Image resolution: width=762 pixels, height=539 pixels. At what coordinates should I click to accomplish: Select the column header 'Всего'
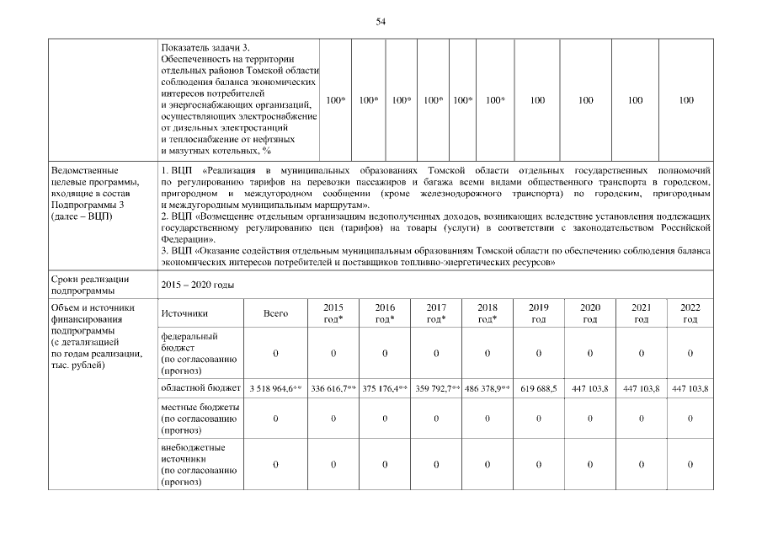pos(275,313)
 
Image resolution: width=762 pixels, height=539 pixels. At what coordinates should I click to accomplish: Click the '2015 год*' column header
pos(333,313)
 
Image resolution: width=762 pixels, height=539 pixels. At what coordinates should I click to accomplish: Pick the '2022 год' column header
pos(690,313)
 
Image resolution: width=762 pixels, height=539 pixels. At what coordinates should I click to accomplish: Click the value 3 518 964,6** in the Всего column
pos(275,388)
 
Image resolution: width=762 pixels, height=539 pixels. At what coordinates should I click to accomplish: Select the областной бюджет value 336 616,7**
pos(333,388)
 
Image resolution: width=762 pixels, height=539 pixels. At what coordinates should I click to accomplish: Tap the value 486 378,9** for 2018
pos(487,388)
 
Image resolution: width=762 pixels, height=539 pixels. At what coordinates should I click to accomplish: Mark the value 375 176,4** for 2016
pos(385,388)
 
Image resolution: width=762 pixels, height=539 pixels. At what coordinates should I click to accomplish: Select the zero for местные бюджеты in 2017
pos(436,418)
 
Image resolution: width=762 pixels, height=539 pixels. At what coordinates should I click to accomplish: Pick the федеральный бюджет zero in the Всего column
pos(275,353)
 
